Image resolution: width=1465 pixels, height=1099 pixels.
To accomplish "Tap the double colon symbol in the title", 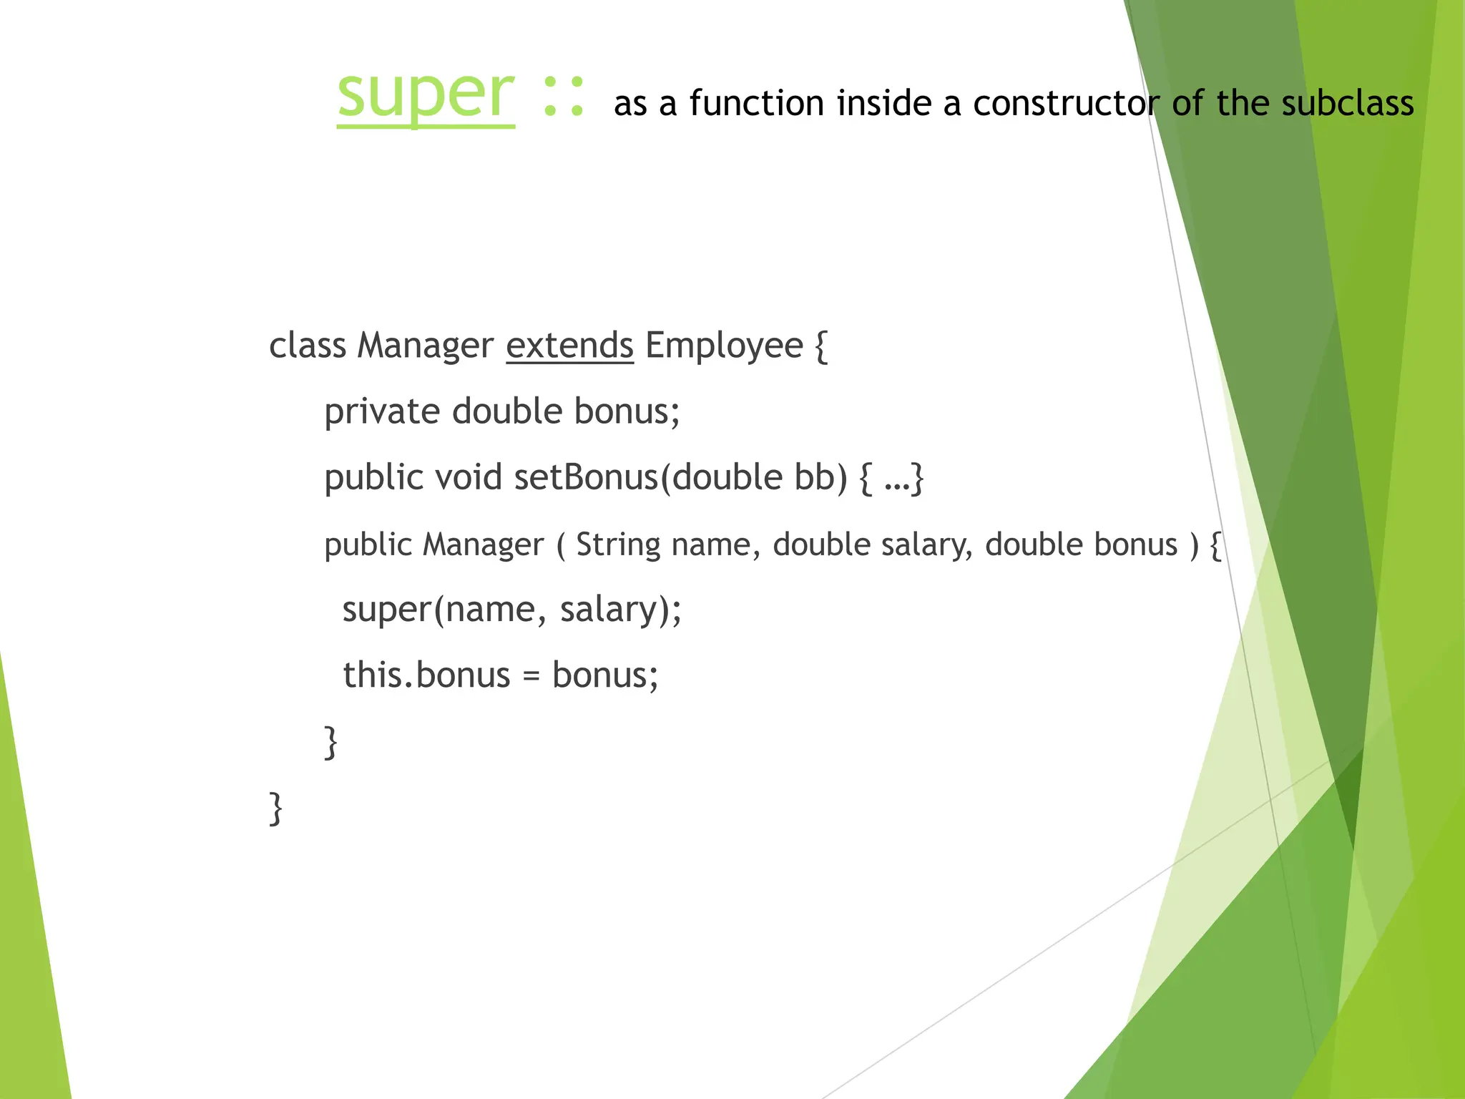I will [x=564, y=96].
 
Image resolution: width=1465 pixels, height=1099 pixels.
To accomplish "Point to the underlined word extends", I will [x=569, y=346].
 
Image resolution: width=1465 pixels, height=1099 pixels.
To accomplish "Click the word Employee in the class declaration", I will [x=724, y=346].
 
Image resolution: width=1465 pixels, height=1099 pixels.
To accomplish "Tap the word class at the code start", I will [x=307, y=346].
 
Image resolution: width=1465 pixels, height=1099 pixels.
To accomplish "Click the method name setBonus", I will [x=585, y=477].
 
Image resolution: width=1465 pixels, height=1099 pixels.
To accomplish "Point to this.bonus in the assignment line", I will [x=426, y=675].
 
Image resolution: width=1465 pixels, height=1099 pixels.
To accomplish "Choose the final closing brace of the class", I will [x=275, y=809].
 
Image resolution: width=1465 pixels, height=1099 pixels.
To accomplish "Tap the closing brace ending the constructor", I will [x=330, y=742].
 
